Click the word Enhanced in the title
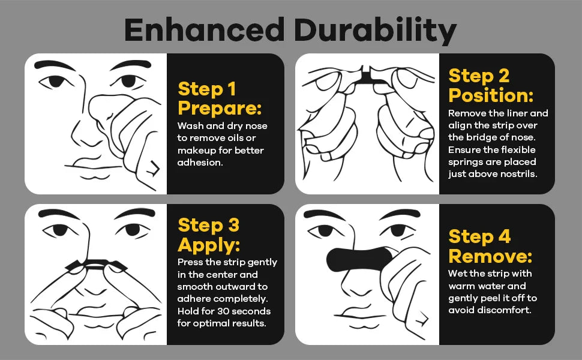[205, 29]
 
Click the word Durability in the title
[375, 31]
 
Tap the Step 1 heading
[207, 89]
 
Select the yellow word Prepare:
[220, 109]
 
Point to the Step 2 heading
[479, 76]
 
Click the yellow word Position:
[491, 95]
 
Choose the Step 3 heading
[209, 225]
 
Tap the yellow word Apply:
[209, 245]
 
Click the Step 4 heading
[479, 237]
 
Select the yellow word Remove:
[490, 256]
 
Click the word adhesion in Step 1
[200, 163]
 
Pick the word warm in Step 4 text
[461, 286]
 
